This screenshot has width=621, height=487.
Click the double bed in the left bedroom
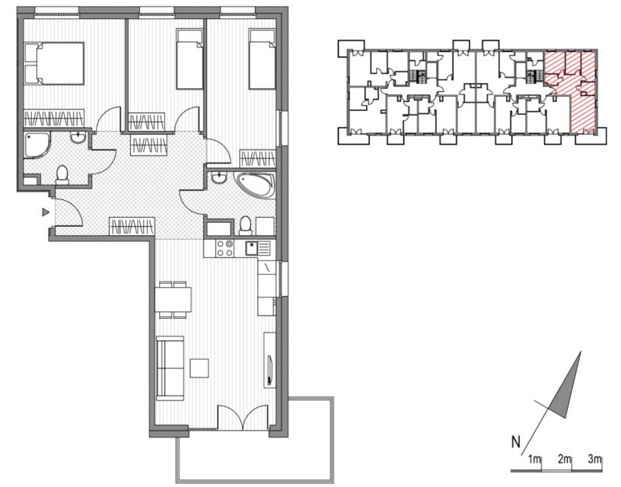(x=54, y=63)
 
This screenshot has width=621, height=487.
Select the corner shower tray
(x=37, y=145)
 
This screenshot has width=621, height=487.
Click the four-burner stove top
(x=225, y=248)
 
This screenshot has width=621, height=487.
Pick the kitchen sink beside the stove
(x=257, y=249)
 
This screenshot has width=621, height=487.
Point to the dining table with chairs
(x=173, y=300)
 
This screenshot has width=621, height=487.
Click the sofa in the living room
(x=170, y=368)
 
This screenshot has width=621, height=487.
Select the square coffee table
(x=199, y=368)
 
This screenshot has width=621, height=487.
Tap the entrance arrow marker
(x=46, y=212)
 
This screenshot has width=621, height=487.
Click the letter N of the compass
(x=516, y=442)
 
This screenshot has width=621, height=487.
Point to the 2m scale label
(x=565, y=460)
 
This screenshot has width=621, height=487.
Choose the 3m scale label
(x=595, y=460)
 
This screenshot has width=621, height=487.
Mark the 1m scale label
(x=534, y=460)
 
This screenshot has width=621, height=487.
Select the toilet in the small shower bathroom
(x=62, y=175)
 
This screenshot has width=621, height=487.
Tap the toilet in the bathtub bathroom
(x=246, y=226)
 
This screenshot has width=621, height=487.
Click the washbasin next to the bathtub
(x=218, y=178)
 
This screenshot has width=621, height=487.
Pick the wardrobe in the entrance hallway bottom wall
(x=132, y=227)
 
